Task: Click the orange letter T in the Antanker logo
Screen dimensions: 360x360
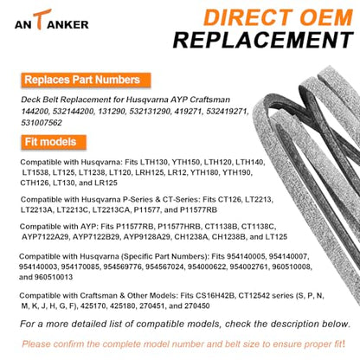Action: pos(42,19)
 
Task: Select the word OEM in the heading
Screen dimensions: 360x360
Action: pos(326,17)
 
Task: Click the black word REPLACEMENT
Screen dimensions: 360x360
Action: pos(263,40)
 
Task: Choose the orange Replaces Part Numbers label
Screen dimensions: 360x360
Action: pos(86,80)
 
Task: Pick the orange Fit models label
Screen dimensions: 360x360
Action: pos(54,142)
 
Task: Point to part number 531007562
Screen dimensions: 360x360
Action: pos(42,123)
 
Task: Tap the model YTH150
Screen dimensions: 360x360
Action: pos(186,162)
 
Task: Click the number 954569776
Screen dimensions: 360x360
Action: pos(123,267)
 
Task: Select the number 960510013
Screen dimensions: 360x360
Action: pos(54,277)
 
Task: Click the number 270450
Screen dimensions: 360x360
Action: pos(197,306)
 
